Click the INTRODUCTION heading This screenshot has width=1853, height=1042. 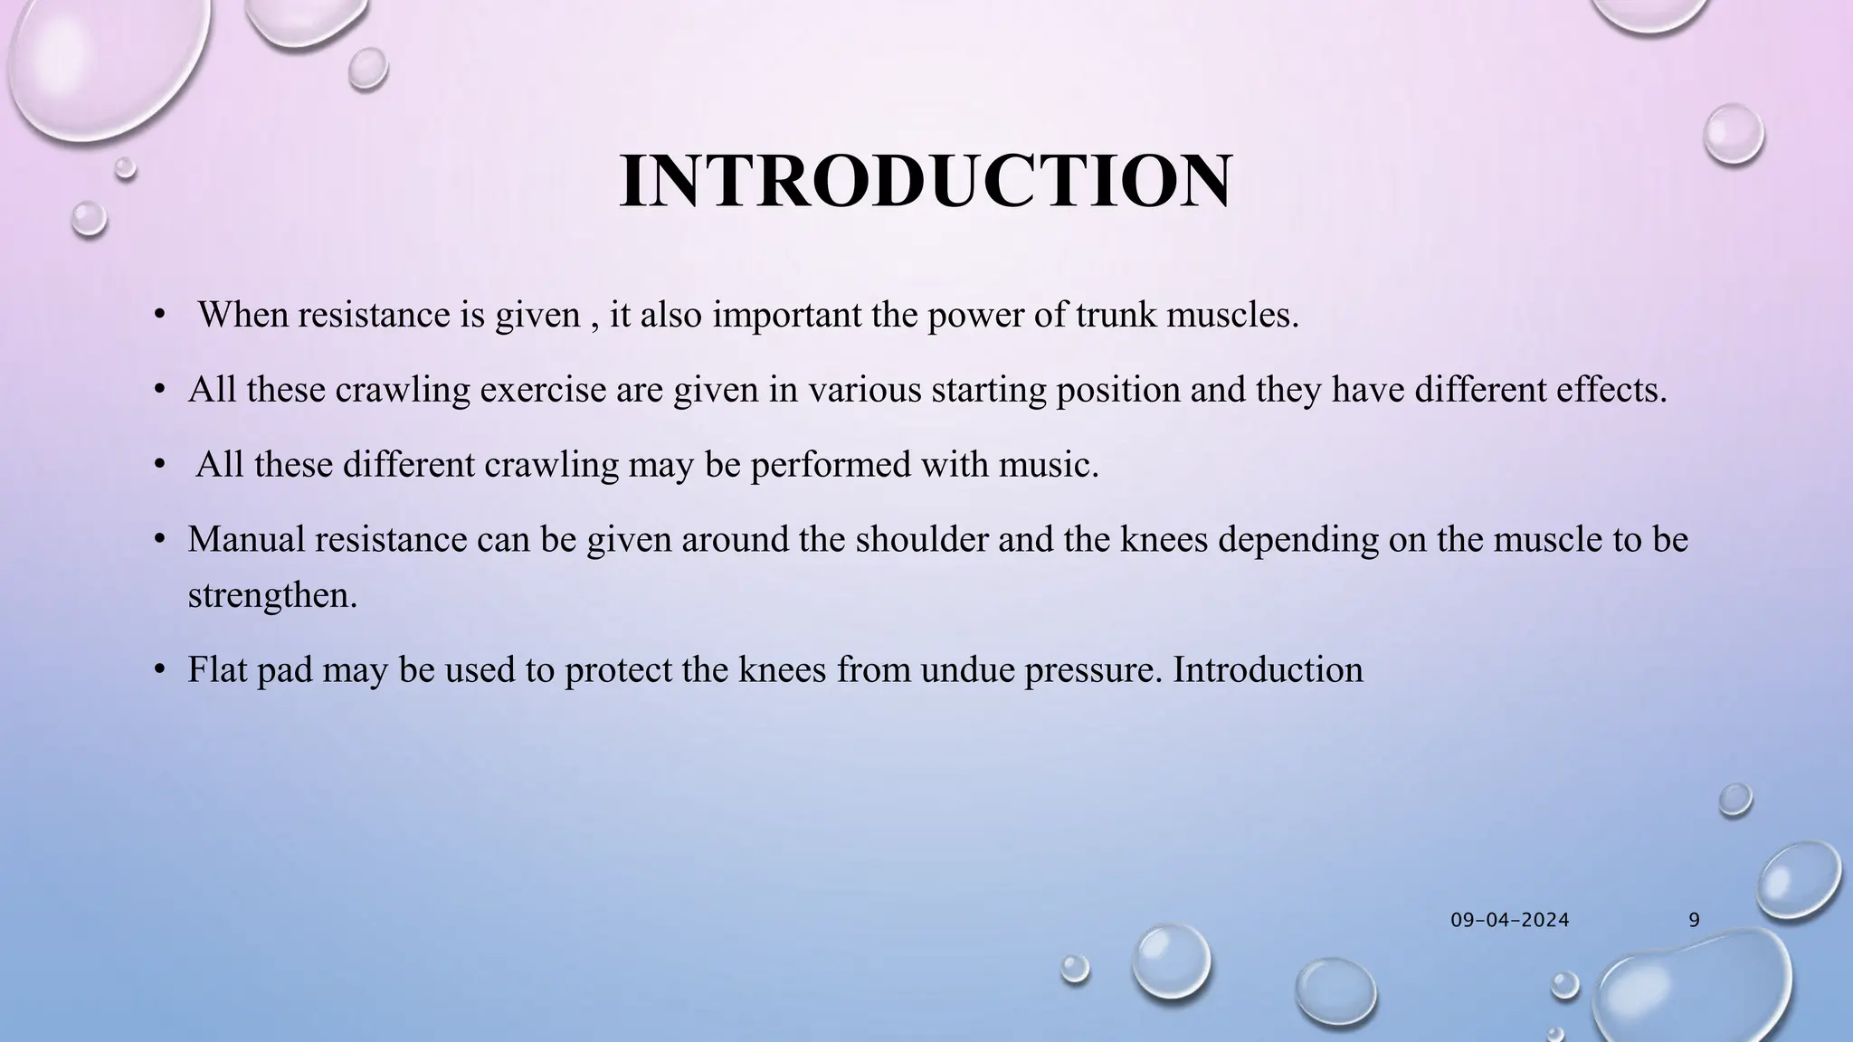click(925, 182)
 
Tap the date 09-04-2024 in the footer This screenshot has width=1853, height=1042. click(1509, 921)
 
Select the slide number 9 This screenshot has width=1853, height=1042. click(1694, 921)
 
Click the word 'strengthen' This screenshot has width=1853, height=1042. click(269, 596)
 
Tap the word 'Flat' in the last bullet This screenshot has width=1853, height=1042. click(216, 670)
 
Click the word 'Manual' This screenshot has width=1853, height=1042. click(245, 539)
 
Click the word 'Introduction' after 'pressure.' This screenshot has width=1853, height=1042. click(1268, 670)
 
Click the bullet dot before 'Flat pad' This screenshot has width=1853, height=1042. click(159, 670)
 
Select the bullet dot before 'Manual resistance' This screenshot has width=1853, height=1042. click(159, 539)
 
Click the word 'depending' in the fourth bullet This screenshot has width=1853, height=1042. click(1297, 539)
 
